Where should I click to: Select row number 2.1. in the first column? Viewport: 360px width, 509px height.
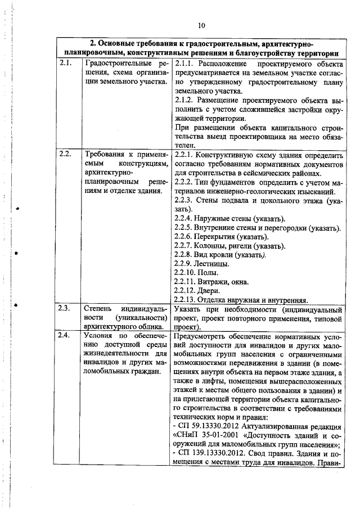[x=65, y=63]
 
